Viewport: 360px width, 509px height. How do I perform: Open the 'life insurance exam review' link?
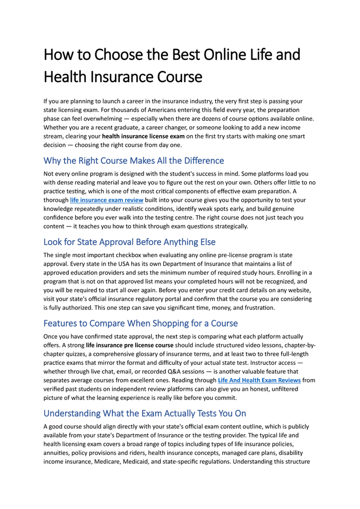coord(107,200)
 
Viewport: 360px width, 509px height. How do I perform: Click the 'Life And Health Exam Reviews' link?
coord(259,380)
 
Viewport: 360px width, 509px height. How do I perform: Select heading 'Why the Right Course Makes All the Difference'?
coord(134,160)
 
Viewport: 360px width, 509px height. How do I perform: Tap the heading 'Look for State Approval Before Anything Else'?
coord(129,242)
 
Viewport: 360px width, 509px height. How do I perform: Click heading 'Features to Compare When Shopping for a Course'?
coord(141,323)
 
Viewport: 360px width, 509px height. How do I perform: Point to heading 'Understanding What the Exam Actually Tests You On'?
coord(145,413)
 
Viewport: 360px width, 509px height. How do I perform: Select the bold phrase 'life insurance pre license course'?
coord(130,345)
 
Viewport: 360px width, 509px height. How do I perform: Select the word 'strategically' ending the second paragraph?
coord(226,226)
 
